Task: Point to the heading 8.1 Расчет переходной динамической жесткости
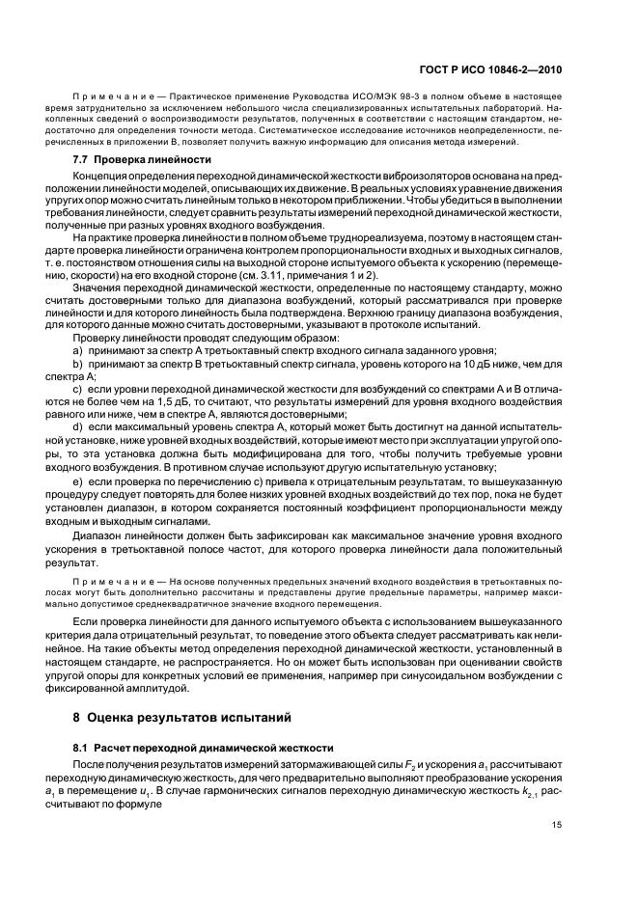click(199, 749)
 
